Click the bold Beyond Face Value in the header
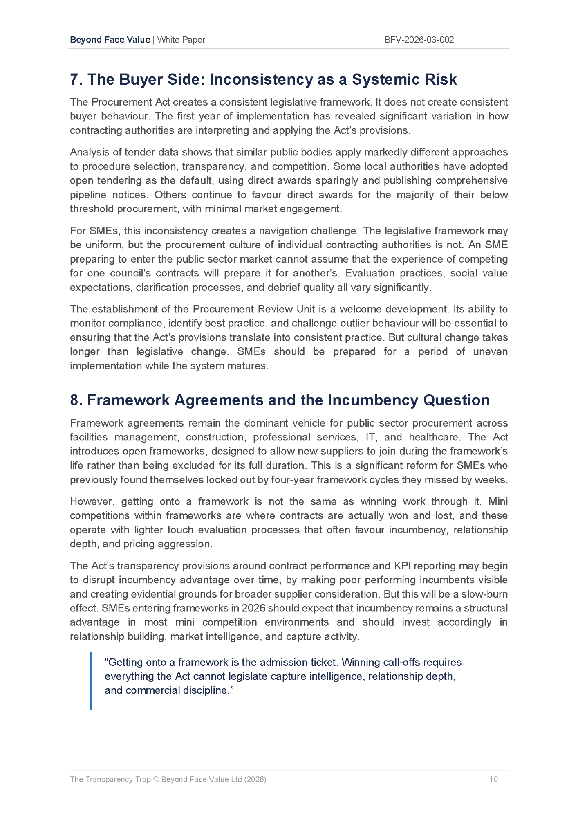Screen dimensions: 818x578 pos(110,40)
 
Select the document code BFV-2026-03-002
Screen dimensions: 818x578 pos(419,40)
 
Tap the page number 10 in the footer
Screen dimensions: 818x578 pos(493,779)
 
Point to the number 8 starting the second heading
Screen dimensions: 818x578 pos(74,400)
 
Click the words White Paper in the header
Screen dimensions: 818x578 pos(181,40)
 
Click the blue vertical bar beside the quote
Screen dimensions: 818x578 pos(91,680)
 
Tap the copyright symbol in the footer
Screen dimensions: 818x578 pos(156,779)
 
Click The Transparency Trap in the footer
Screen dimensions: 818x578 pos(110,779)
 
